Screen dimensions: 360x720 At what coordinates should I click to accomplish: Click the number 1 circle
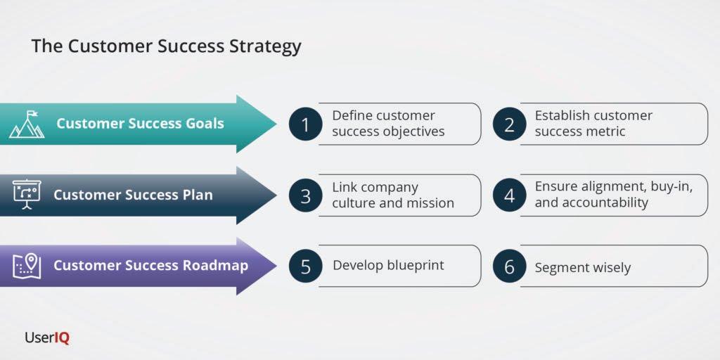(305, 124)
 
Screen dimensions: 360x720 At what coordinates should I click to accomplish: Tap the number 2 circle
(509, 124)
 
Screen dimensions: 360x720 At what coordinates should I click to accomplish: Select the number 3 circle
(305, 195)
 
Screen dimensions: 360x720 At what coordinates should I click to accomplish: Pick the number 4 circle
(509, 195)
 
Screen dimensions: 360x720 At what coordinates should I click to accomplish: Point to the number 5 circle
(305, 266)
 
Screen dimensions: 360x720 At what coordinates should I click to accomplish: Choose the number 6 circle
(509, 266)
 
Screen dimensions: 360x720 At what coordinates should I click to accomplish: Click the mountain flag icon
(27, 124)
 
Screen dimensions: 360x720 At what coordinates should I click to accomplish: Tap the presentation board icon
(27, 195)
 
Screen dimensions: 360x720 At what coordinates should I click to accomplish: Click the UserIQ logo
(47, 337)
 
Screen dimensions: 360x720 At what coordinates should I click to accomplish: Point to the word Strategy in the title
(266, 47)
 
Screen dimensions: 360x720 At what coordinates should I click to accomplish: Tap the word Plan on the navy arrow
(196, 195)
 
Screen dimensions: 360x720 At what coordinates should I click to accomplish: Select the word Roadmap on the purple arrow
(216, 266)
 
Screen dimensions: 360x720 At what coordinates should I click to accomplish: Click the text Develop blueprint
(388, 265)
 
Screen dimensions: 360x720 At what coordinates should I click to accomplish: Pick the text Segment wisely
(582, 267)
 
